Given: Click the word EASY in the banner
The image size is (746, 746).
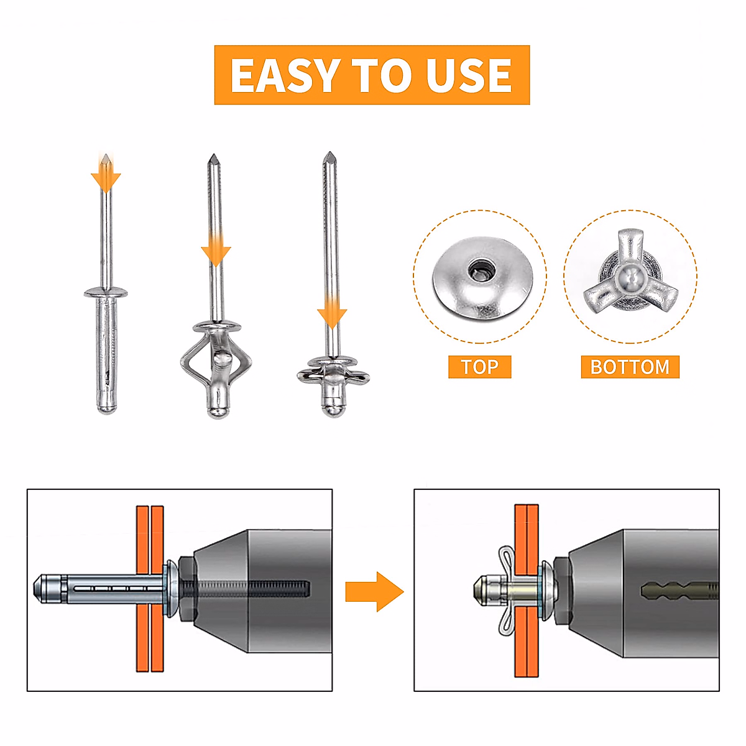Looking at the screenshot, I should click(x=283, y=75).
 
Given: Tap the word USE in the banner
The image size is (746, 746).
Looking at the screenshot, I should click(x=469, y=75).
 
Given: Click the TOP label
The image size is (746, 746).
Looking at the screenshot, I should click(x=479, y=367).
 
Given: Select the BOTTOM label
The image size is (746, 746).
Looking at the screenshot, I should click(x=630, y=367).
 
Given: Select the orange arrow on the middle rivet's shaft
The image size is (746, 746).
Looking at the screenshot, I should click(x=216, y=252).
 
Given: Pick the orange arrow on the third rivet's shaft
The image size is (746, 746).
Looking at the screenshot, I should click(x=331, y=315).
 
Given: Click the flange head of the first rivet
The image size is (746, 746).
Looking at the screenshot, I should click(x=106, y=292).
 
